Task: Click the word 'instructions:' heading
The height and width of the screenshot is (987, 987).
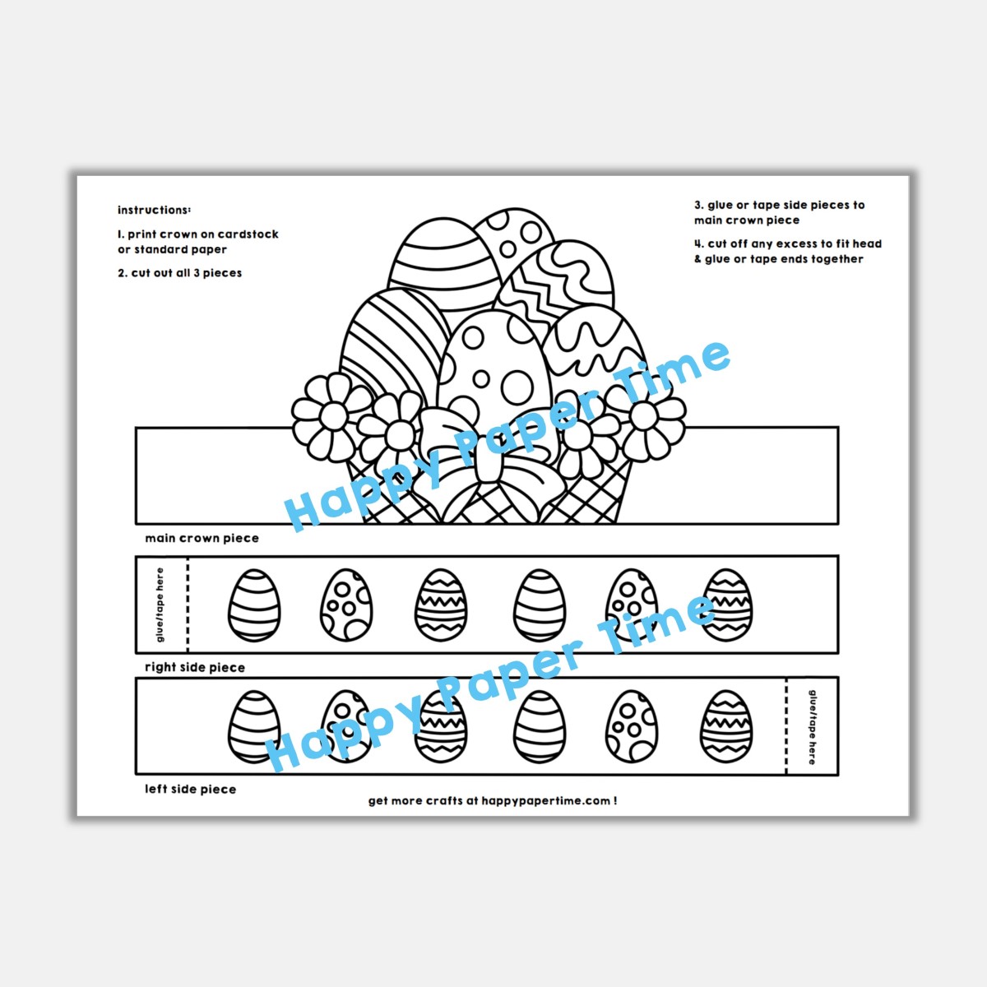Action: [154, 211]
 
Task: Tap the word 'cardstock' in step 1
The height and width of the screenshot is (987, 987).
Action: [248, 234]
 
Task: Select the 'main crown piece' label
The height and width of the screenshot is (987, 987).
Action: [202, 539]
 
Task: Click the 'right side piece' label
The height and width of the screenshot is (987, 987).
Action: [195, 668]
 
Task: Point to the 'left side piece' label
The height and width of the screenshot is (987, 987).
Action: [190, 790]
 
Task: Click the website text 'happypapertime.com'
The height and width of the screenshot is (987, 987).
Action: [545, 801]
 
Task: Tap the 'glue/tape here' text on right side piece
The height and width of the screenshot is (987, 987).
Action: [160, 605]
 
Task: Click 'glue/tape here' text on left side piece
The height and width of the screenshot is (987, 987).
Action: [813, 727]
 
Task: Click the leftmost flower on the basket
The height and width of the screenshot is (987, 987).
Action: [331, 416]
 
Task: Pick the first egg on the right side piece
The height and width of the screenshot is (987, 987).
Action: [253, 605]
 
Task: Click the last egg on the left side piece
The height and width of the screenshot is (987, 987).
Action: [726, 727]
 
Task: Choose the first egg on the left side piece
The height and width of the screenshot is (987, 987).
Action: [253, 727]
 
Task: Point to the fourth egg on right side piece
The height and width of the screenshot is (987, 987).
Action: [540, 605]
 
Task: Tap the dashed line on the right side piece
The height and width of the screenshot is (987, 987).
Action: [188, 605]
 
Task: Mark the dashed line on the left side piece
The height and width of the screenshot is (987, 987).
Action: [786, 726]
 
